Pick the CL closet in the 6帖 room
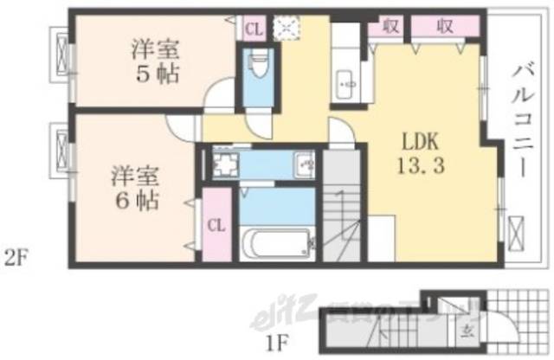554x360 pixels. coord(216,227)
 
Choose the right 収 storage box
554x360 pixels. coord(445,27)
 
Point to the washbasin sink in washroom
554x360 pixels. coord(305,163)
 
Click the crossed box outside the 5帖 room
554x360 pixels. coord(62,55)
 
